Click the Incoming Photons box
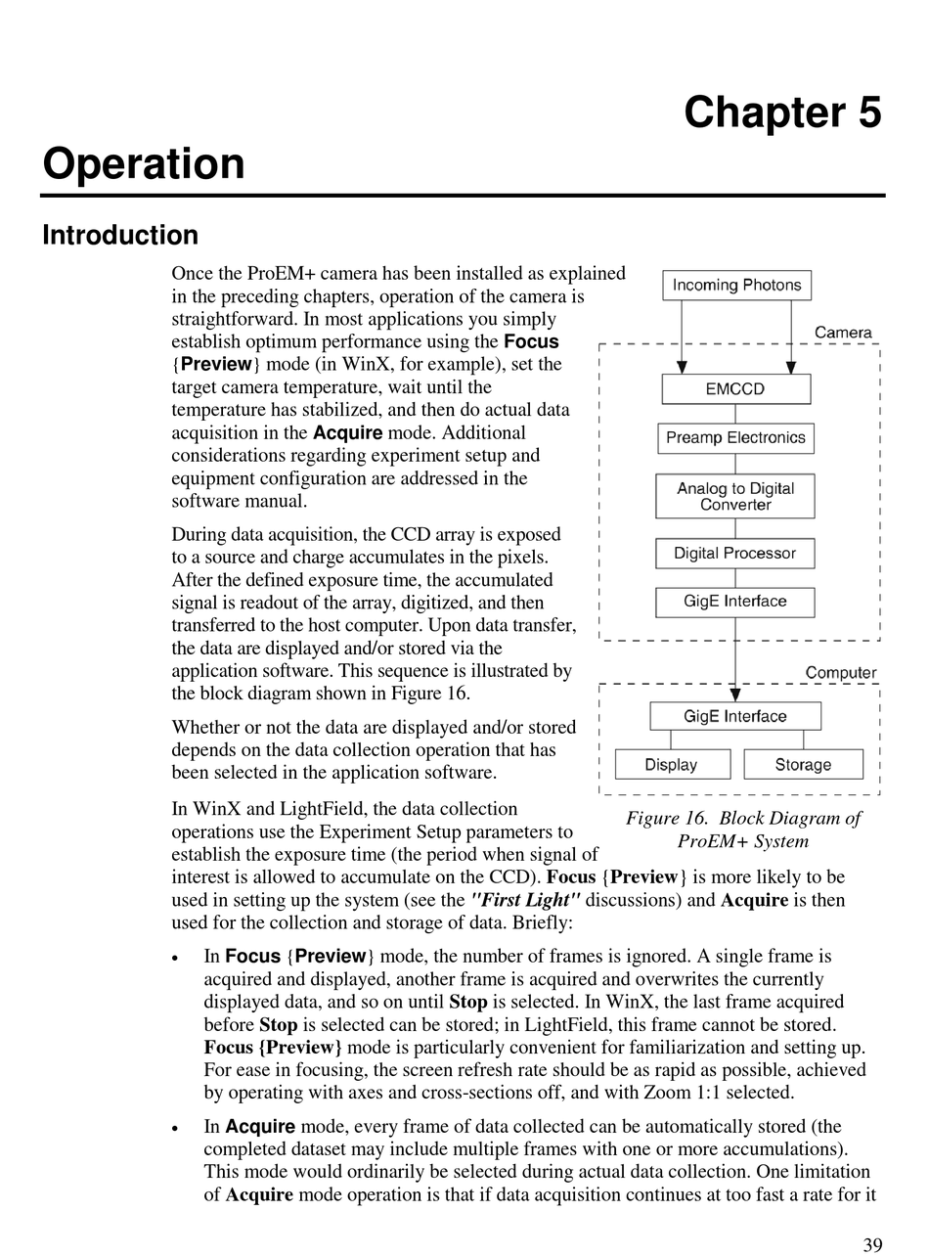[736, 286]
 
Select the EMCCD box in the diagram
[735, 389]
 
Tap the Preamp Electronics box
[735, 438]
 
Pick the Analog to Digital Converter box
[735, 496]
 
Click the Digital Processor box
[735, 554]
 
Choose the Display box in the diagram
[672, 765]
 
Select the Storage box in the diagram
[803, 765]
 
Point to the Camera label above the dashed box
[842, 333]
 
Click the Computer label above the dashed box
[840, 673]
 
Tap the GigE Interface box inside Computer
[735, 717]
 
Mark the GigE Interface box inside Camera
[735, 602]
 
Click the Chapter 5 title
[782, 112]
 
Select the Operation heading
[144, 163]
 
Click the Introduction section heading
[120, 236]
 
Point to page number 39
[872, 1244]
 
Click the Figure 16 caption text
[743, 830]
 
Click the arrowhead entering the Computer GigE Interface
[735, 696]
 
